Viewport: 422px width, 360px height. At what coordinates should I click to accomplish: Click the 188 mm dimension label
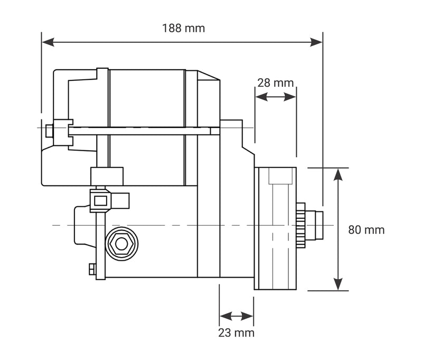(x=183, y=28)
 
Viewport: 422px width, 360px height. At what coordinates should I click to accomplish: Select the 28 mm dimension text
(x=275, y=82)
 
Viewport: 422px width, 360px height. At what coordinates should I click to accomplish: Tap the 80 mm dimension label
(x=367, y=230)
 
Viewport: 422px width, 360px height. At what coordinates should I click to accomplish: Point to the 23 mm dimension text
(x=236, y=333)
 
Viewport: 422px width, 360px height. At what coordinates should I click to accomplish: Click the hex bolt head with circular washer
(x=122, y=244)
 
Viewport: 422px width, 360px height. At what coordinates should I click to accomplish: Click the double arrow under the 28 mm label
(x=275, y=97)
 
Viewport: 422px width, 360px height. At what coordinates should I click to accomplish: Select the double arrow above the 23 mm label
(x=236, y=316)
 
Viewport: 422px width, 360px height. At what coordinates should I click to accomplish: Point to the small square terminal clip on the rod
(x=100, y=200)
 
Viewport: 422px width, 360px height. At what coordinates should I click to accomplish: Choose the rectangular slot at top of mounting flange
(x=280, y=176)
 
